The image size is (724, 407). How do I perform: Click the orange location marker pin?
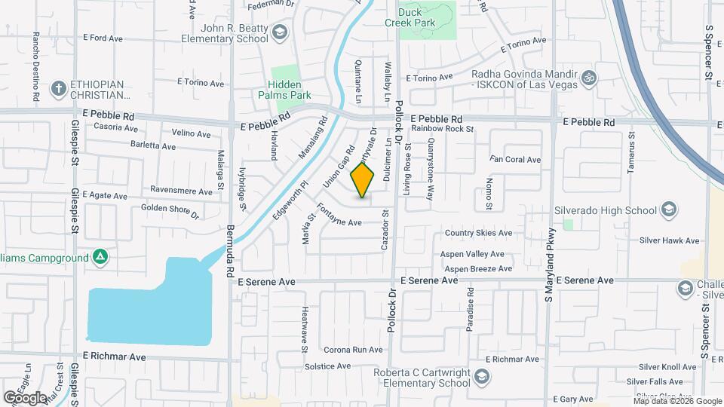363,182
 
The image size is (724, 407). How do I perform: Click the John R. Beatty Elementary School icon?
280,32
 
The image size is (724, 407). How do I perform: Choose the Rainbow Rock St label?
438,129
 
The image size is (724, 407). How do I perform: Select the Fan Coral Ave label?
515,160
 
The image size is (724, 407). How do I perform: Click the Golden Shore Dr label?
170,210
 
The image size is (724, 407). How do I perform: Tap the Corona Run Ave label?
354,350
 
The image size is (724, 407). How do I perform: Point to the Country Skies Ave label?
478,234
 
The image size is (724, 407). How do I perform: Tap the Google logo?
25,397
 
